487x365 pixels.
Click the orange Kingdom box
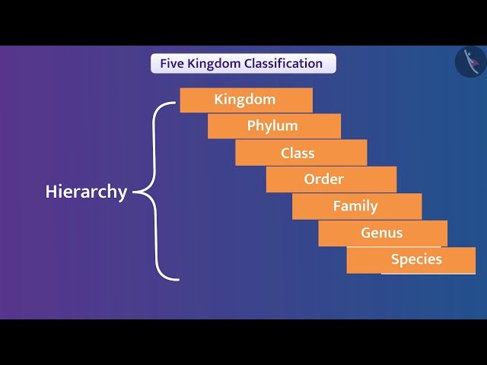[x=246, y=100]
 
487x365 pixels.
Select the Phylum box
[x=274, y=126]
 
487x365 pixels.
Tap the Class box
[x=301, y=153]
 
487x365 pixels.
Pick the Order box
[x=331, y=179]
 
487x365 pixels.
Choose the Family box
[x=356, y=206]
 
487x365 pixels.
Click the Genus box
[x=383, y=233]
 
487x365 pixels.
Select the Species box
[x=411, y=259]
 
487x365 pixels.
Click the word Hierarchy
[x=86, y=192]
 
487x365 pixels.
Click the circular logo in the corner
[x=470, y=62]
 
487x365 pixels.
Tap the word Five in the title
[x=170, y=63]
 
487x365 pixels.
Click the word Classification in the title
[x=283, y=63]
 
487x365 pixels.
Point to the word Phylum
[x=272, y=125]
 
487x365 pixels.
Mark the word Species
[x=416, y=259]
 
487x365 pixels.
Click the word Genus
[x=382, y=233]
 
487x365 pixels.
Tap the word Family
[x=355, y=206]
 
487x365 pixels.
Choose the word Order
[x=324, y=179]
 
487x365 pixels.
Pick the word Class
[x=298, y=153]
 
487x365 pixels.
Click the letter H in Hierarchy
[x=51, y=192]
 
